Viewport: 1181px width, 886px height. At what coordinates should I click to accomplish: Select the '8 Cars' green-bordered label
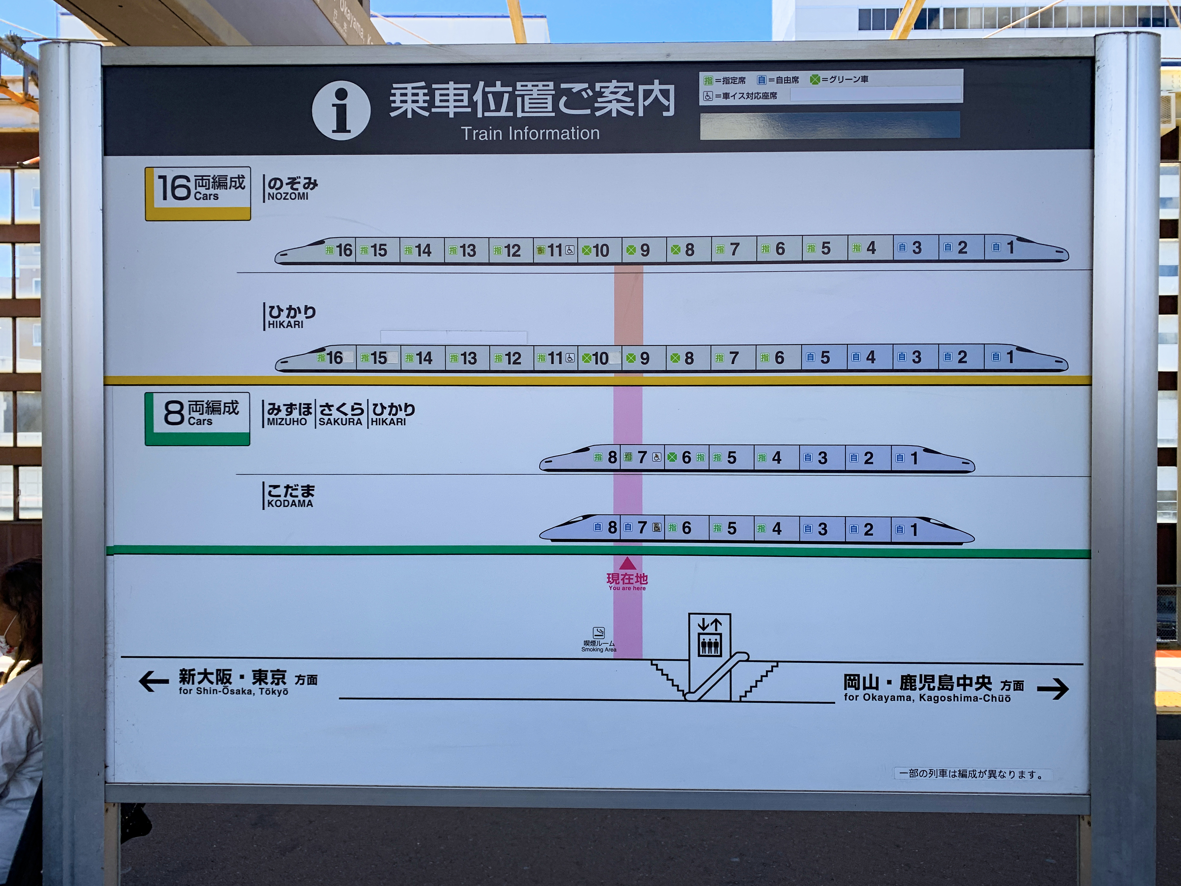pyautogui.click(x=197, y=419)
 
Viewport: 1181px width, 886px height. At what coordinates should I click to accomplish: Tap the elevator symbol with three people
pyautogui.click(x=709, y=645)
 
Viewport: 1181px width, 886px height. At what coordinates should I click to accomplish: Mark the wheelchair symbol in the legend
pyautogui.click(x=708, y=96)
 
